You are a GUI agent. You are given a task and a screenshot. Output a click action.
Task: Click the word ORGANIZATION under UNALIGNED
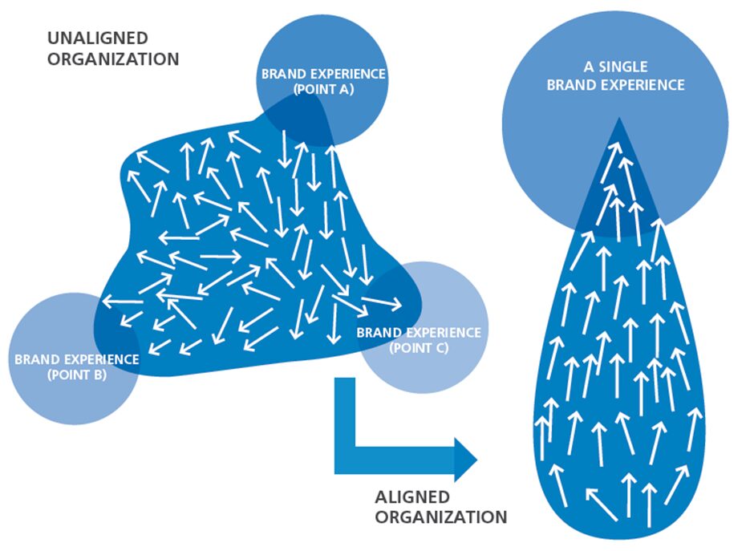point(112,59)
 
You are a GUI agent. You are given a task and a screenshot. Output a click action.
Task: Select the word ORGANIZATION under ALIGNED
point(440,517)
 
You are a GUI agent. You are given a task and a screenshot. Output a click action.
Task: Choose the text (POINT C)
point(419,348)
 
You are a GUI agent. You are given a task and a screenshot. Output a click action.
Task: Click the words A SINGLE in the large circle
point(616,67)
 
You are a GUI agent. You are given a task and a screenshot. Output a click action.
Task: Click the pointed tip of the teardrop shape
point(618,124)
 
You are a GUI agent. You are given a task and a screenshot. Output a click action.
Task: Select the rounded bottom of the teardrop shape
point(618,525)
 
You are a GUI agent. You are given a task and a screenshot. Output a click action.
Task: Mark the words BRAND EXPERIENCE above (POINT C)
point(419,332)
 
